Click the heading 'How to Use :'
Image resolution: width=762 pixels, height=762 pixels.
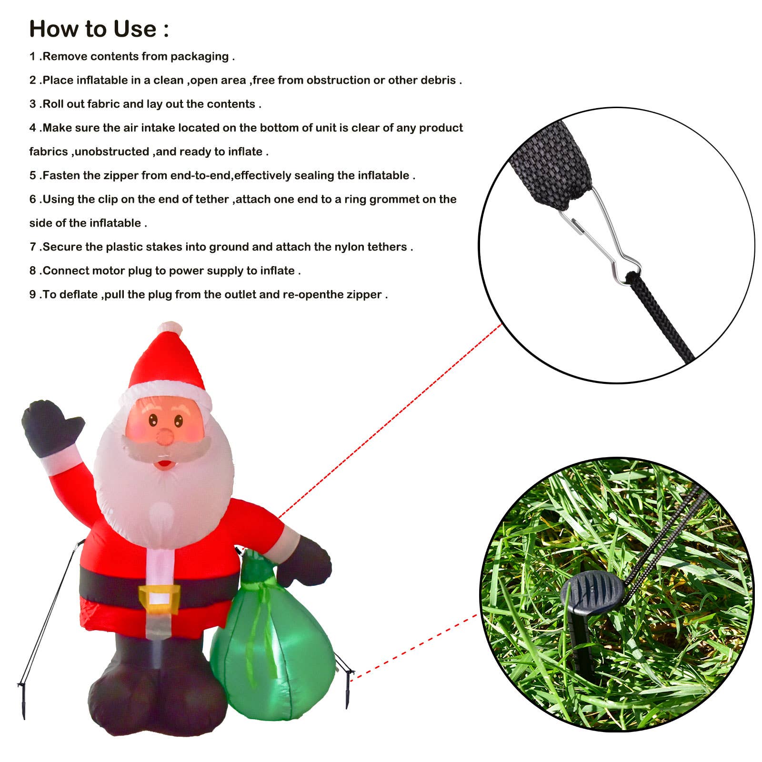pyautogui.click(x=99, y=29)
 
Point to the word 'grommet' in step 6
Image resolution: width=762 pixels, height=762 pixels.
pyautogui.click(x=394, y=200)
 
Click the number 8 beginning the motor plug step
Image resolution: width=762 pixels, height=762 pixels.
pyautogui.click(x=32, y=271)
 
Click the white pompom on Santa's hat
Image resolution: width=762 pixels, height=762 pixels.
pyautogui.click(x=170, y=329)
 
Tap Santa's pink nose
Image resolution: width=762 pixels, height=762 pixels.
pyautogui.click(x=165, y=436)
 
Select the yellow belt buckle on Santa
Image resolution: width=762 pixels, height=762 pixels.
pyautogui.click(x=159, y=599)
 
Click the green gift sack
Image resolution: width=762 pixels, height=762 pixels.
pyautogui.click(x=273, y=652)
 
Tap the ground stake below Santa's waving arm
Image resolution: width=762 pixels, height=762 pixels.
pyautogui.click(x=22, y=698)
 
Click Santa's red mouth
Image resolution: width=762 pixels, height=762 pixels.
pyautogui.click(x=164, y=462)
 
